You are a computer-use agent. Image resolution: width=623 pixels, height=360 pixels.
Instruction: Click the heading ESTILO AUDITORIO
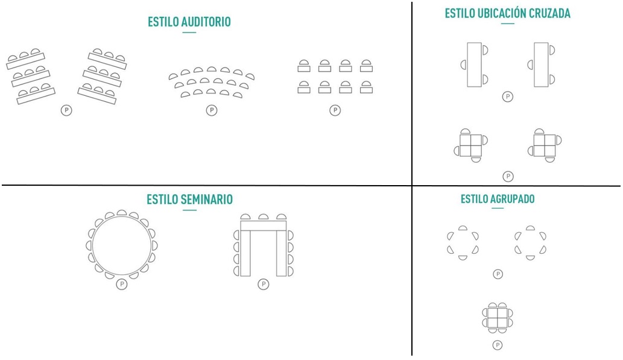[x=189, y=22]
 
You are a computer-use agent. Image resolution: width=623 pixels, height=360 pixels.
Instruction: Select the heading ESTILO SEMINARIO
[x=189, y=200]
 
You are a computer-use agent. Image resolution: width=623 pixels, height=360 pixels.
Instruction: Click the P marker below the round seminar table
[x=122, y=284]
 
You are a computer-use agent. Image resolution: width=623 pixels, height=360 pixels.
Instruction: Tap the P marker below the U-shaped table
[x=263, y=284]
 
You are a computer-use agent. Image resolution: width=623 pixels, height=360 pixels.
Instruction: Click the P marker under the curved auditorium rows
[x=212, y=110]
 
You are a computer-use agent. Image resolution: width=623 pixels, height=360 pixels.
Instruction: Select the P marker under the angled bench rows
[x=66, y=110]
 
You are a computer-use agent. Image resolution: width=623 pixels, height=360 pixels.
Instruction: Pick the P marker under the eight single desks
[x=335, y=110]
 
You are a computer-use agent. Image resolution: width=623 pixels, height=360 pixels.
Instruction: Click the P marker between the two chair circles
[x=498, y=274]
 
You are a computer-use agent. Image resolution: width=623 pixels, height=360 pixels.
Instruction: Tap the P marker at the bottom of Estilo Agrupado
[x=498, y=345]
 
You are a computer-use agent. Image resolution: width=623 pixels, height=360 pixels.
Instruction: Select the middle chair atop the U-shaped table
[x=263, y=217]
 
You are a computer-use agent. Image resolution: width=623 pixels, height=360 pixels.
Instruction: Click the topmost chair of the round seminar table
[x=121, y=213]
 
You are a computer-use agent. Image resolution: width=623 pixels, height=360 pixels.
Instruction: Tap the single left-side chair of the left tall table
[x=464, y=65]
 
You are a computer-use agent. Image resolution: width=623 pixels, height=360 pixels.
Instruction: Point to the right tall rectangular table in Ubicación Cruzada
[x=541, y=65]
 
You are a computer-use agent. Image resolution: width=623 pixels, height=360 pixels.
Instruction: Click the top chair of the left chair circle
[x=463, y=228]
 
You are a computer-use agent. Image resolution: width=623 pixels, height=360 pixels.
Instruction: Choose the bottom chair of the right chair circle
[x=530, y=257]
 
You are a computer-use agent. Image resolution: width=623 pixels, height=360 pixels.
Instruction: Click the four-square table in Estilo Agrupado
[x=498, y=318]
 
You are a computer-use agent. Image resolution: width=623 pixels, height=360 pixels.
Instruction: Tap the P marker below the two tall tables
[x=508, y=96]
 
